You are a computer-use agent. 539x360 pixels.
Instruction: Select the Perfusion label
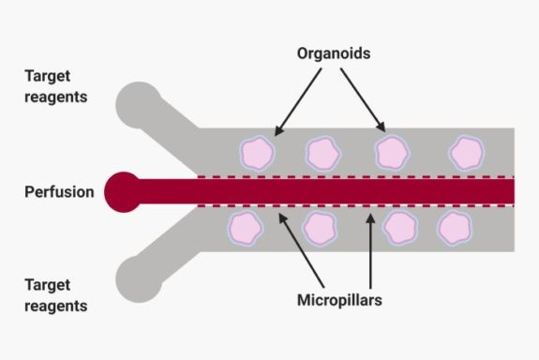59,192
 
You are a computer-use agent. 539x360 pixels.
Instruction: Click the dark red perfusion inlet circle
125,192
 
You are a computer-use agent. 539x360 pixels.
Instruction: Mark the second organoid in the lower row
321,227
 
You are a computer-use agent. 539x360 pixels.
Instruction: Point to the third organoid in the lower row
401,227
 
